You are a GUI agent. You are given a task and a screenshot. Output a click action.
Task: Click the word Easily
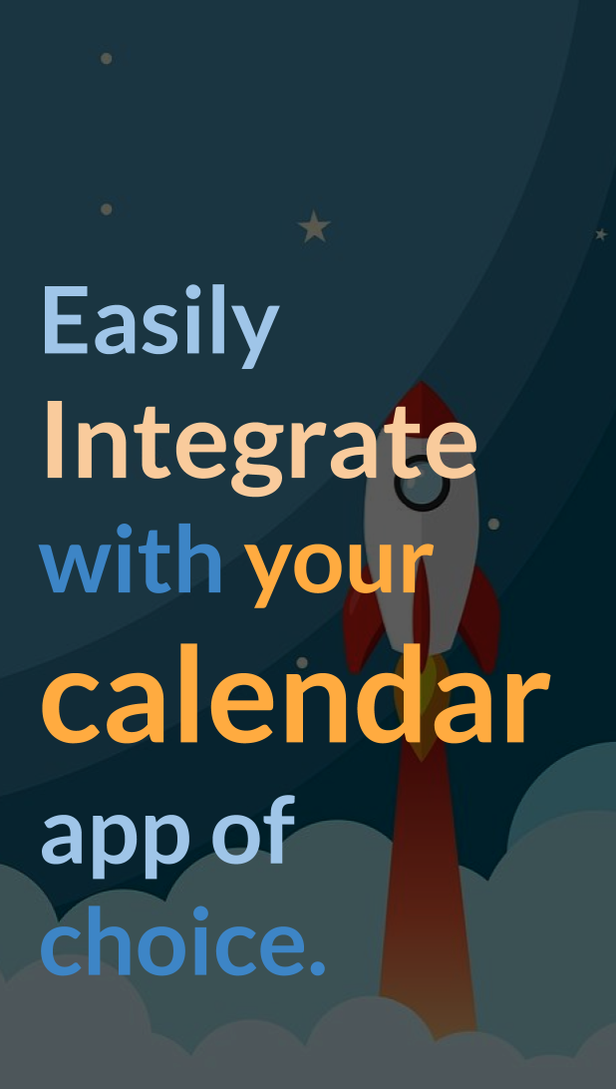coord(160,325)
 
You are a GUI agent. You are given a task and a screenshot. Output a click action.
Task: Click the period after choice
coord(317,967)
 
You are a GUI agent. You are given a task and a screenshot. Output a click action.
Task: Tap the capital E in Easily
coord(67,319)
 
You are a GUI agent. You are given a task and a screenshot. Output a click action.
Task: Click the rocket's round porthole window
coord(423,484)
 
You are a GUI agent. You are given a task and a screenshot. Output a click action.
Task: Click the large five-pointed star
coord(314,227)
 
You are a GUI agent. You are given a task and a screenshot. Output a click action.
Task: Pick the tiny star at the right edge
coord(601,234)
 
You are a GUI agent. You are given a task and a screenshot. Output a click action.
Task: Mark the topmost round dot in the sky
coord(107,58)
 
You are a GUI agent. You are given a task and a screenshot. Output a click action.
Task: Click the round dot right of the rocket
coord(493,524)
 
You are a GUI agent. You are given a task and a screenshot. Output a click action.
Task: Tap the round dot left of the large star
coord(107,209)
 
